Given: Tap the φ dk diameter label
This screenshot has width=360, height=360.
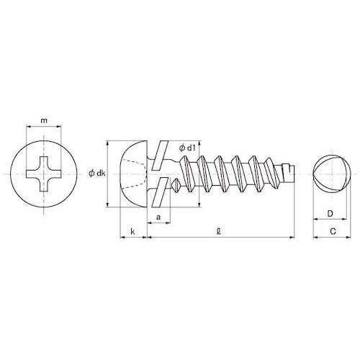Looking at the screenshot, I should (97, 173).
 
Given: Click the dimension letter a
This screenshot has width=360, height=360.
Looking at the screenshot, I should (158, 215).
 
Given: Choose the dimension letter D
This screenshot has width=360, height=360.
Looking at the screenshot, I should (329, 213).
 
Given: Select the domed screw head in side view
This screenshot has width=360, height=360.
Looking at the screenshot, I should (133, 174).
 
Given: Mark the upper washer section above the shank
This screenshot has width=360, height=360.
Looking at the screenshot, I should (163, 152).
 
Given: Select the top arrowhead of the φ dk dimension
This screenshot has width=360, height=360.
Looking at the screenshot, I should (108, 142).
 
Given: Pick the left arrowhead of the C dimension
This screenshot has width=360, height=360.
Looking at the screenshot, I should (315, 237).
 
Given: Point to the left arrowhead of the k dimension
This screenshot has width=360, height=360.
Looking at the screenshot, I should (120, 236).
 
